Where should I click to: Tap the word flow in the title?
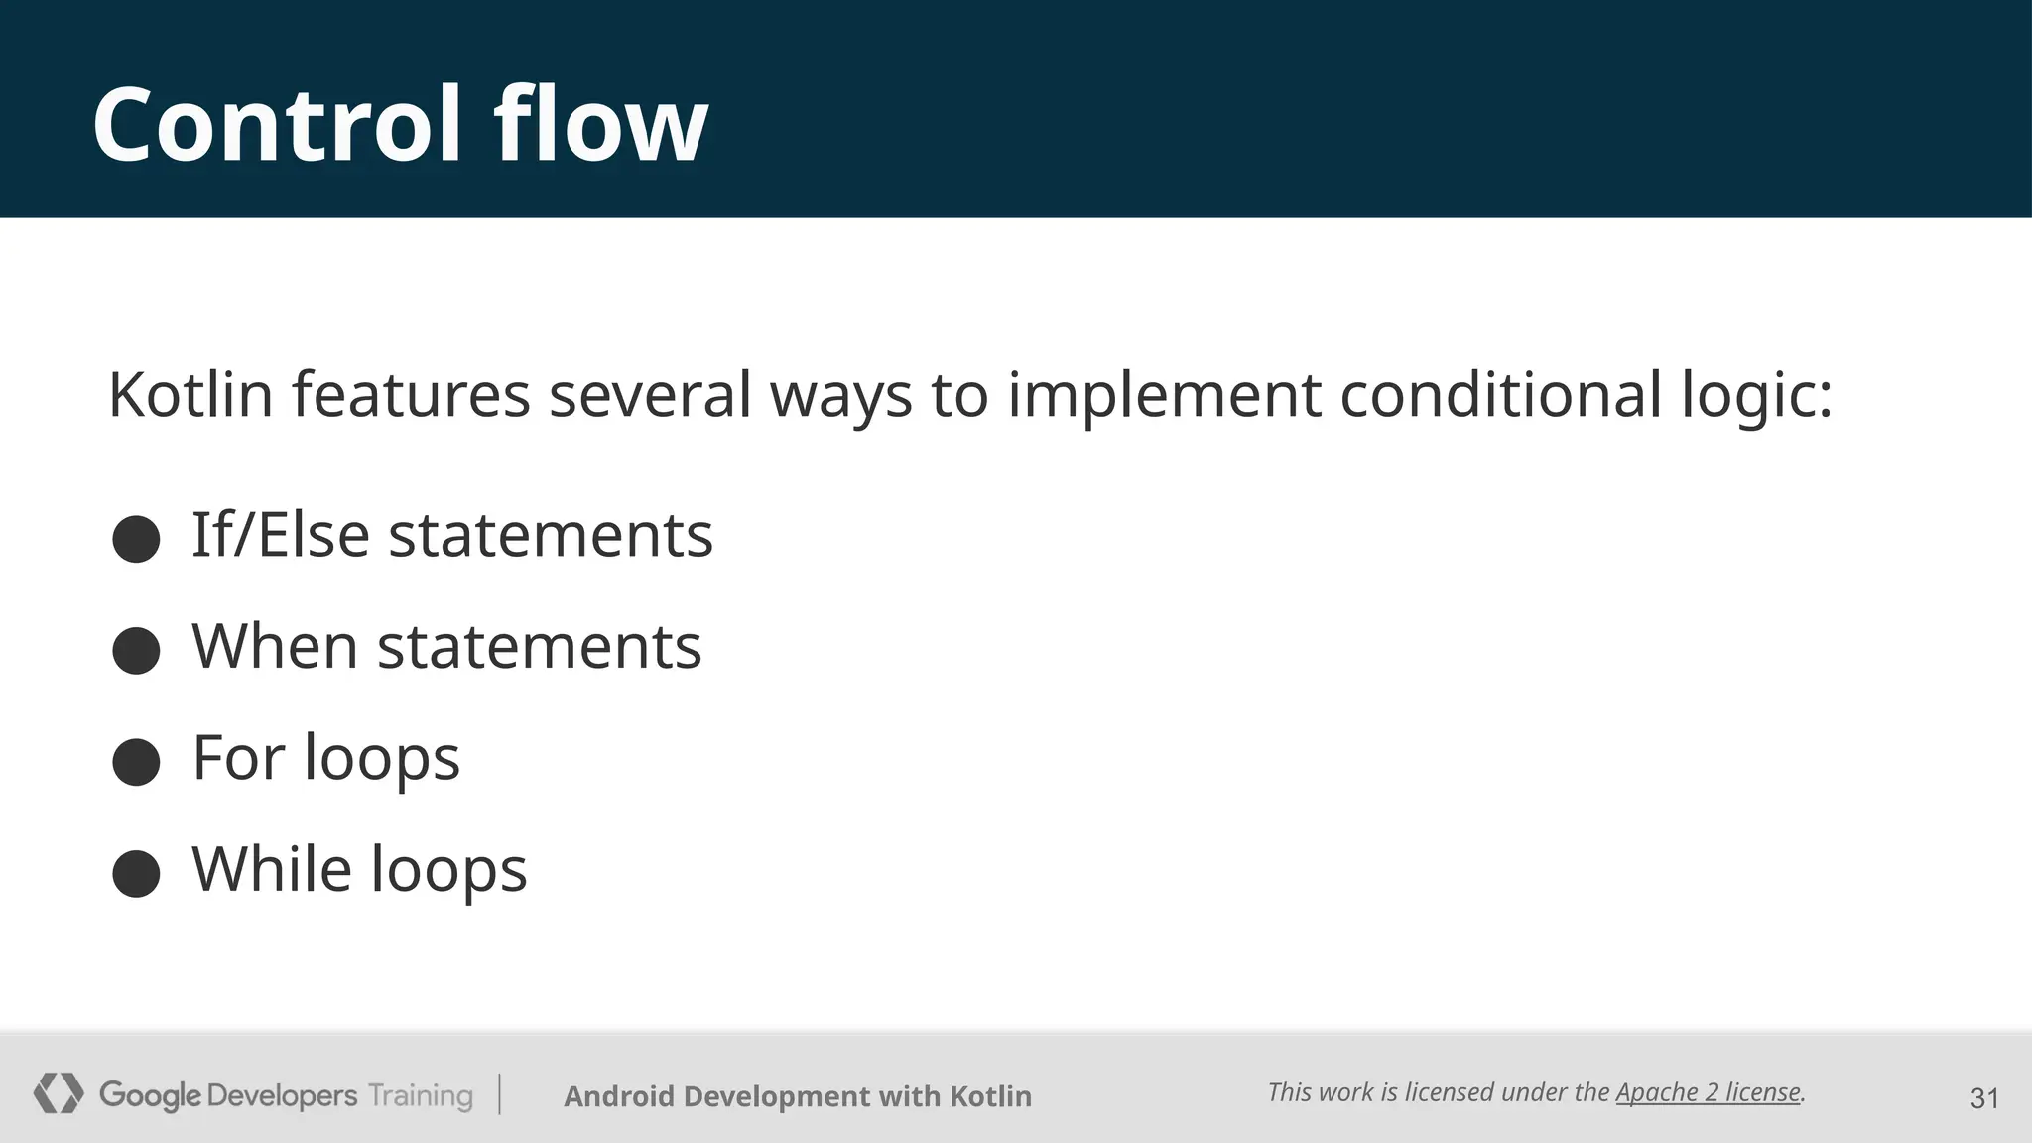[x=601, y=125]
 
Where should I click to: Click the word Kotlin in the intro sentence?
[x=190, y=395]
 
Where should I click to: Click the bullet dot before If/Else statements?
[x=136, y=539]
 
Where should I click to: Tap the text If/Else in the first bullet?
[x=281, y=535]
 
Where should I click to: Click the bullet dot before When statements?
[x=136, y=651]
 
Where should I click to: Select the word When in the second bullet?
[x=275, y=647]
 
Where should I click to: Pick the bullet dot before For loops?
[x=136, y=762]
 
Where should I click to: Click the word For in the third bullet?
[x=238, y=758]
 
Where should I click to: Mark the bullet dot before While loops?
[x=136, y=874]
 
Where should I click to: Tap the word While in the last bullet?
[x=271, y=869]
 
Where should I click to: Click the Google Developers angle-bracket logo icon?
[x=59, y=1093]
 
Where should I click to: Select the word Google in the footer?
[x=150, y=1095]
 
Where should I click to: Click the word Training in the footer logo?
[x=421, y=1095]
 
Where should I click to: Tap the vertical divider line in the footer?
[x=499, y=1093]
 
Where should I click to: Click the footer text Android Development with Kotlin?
[x=798, y=1096]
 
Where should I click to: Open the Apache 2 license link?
[x=1708, y=1092]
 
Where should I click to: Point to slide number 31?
[x=1984, y=1098]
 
